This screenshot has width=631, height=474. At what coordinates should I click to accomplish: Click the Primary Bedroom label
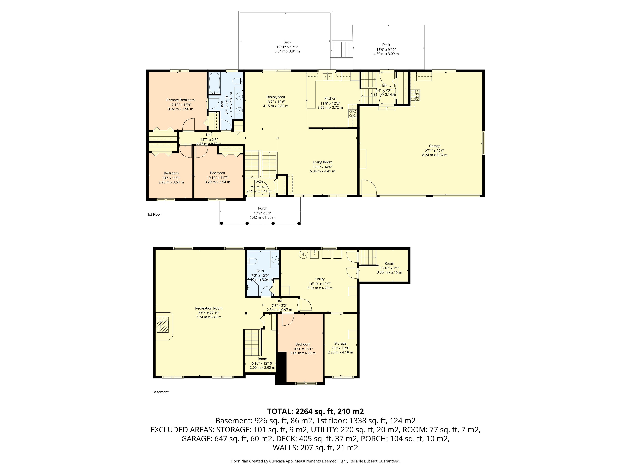[x=181, y=100]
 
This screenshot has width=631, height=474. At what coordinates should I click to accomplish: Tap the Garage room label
[x=435, y=146]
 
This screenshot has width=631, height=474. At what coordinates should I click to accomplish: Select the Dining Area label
[x=276, y=97]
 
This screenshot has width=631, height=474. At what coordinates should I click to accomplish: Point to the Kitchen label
[x=330, y=99]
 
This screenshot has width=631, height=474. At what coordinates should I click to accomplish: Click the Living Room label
[x=322, y=162]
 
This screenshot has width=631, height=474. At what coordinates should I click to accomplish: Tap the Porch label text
[x=263, y=208]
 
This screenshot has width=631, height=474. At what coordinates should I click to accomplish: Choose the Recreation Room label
[x=209, y=308]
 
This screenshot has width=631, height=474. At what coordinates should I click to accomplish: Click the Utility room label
[x=320, y=279]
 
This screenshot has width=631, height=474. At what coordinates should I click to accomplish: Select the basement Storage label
[x=340, y=343]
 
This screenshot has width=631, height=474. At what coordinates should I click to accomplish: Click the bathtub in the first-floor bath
[x=214, y=83]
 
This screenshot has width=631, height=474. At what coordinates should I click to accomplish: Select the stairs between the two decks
[x=341, y=50]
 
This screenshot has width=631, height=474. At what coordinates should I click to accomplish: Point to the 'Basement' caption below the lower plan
[x=161, y=392]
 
